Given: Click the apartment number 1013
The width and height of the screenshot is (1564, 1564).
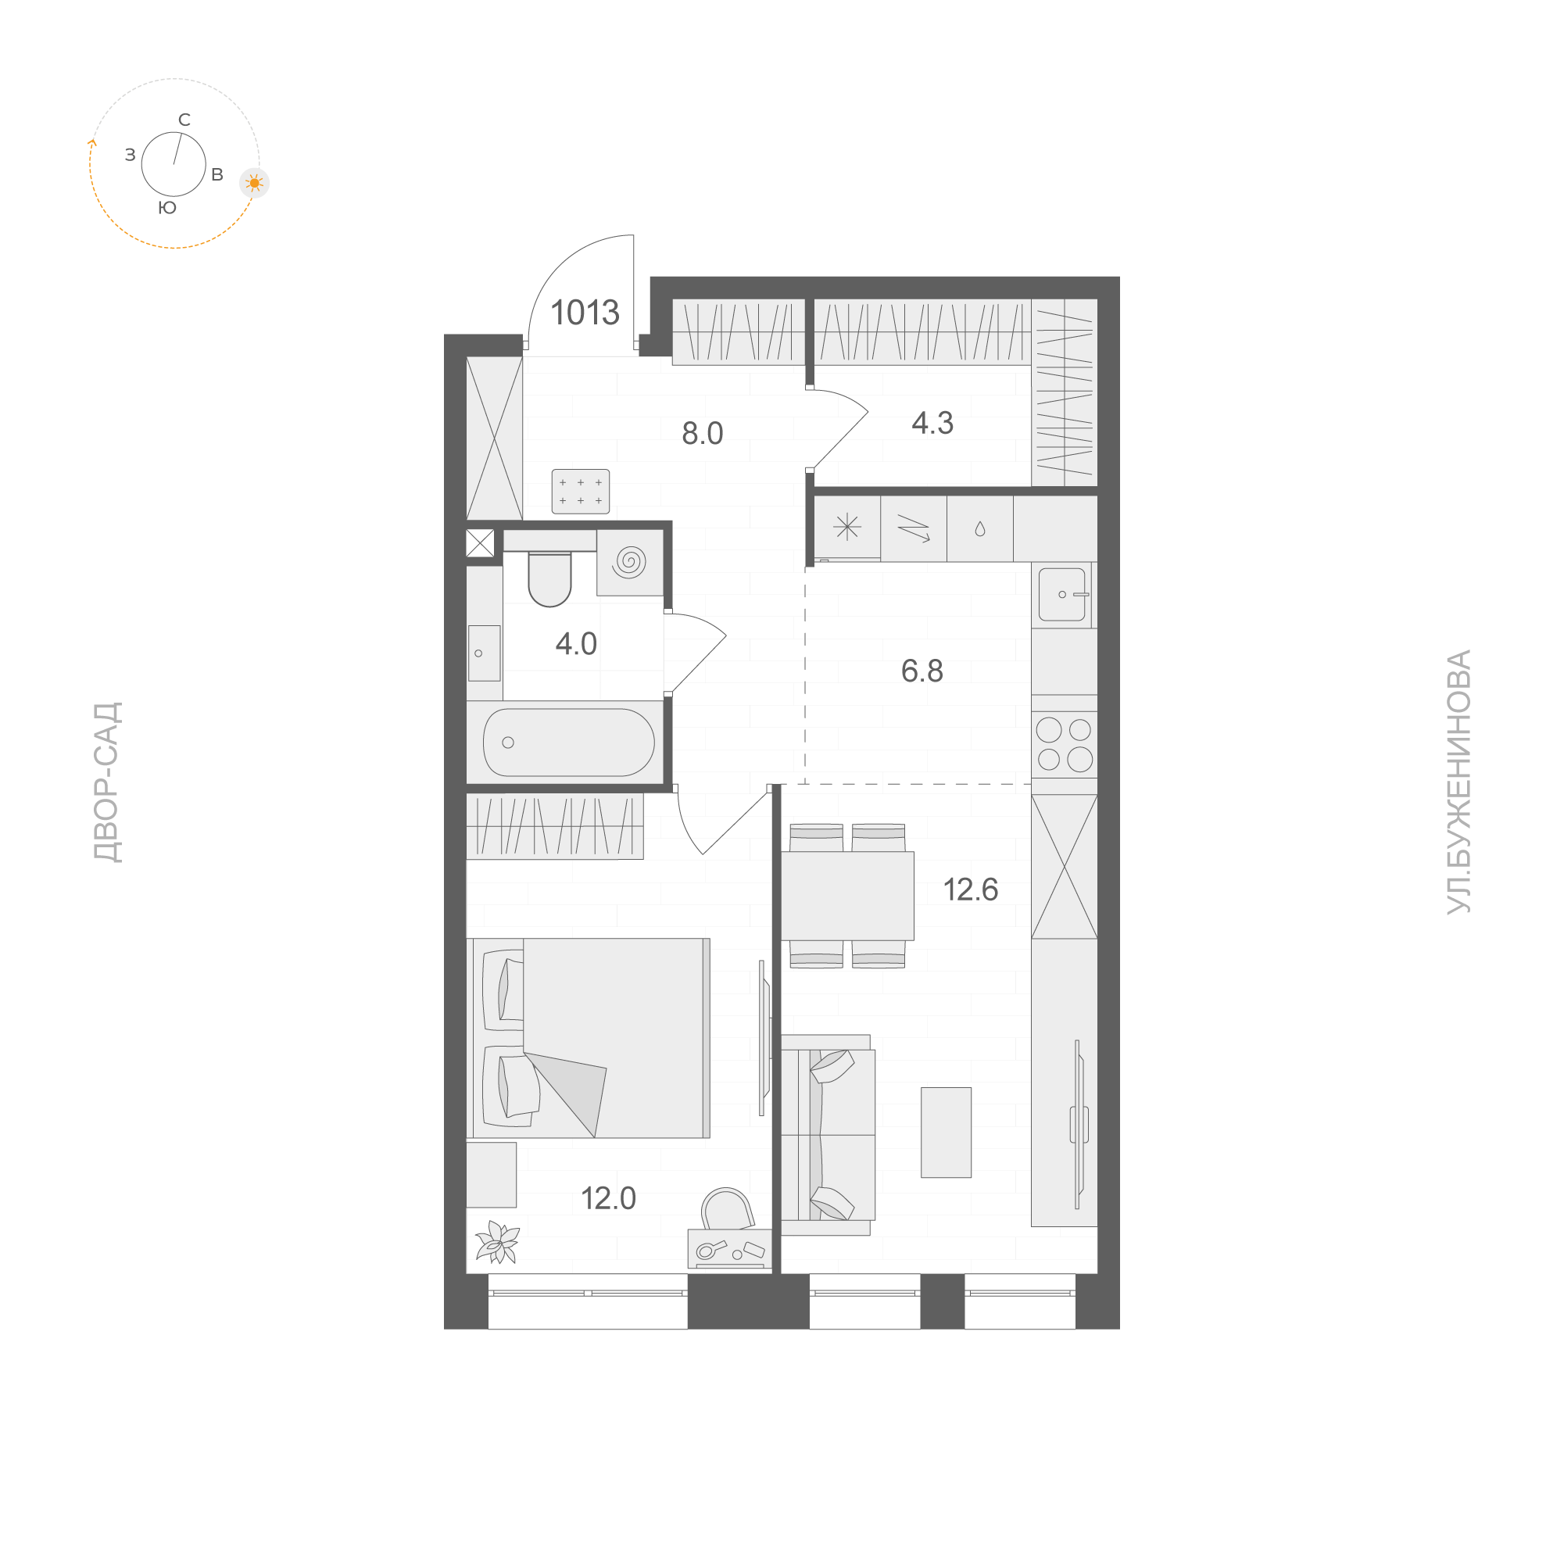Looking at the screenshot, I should point(585,313).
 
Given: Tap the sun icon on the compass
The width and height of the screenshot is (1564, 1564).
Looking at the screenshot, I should point(255,184).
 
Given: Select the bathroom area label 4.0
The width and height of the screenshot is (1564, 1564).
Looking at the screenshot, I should point(575,644).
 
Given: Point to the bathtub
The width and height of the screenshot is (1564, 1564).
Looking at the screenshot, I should point(568,743).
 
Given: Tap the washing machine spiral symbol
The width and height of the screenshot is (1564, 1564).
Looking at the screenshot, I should point(630,562).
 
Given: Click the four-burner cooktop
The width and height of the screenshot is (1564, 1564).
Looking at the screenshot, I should point(1064,745).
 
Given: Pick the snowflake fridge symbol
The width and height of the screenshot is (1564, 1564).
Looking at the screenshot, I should point(846,528).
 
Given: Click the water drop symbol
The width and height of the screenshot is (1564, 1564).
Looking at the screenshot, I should point(979,529).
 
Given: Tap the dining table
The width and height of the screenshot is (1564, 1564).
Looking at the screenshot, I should point(846,896).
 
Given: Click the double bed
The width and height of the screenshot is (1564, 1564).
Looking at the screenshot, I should point(589,1038).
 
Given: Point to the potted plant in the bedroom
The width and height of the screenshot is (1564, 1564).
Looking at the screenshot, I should point(496,1242).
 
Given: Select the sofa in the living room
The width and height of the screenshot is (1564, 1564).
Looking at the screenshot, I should point(827,1135).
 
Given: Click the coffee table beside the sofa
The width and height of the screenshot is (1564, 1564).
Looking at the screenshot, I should point(946,1133).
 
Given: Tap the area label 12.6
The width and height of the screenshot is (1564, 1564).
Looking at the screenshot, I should point(971,890).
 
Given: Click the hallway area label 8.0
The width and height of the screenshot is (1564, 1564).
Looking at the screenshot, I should point(702,434).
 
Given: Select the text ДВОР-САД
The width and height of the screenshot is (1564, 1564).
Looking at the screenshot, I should point(108,783).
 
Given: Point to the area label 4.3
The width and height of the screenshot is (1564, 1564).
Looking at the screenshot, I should point(932,424).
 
